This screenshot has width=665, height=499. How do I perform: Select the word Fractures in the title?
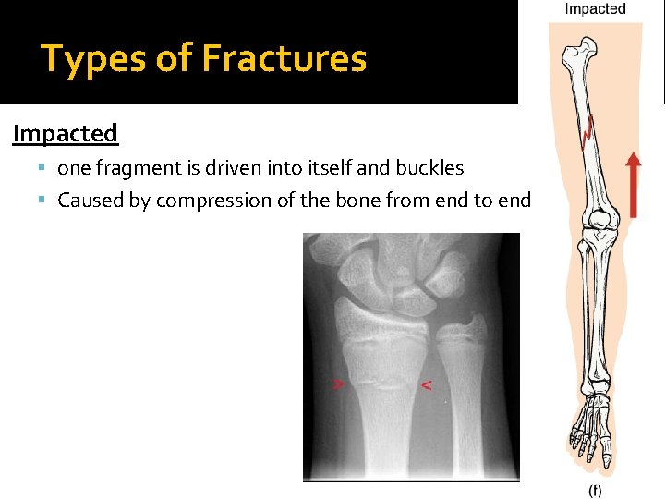(x=284, y=59)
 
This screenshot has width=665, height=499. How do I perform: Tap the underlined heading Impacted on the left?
(x=66, y=134)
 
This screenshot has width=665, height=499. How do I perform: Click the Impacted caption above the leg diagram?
(x=595, y=9)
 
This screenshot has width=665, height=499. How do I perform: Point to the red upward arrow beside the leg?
(x=633, y=185)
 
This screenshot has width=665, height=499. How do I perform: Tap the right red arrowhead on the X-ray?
(x=426, y=383)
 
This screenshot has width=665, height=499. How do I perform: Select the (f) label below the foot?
(x=595, y=491)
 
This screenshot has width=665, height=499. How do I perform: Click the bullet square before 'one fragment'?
(x=44, y=168)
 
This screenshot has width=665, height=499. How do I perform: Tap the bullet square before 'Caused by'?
(x=44, y=200)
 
